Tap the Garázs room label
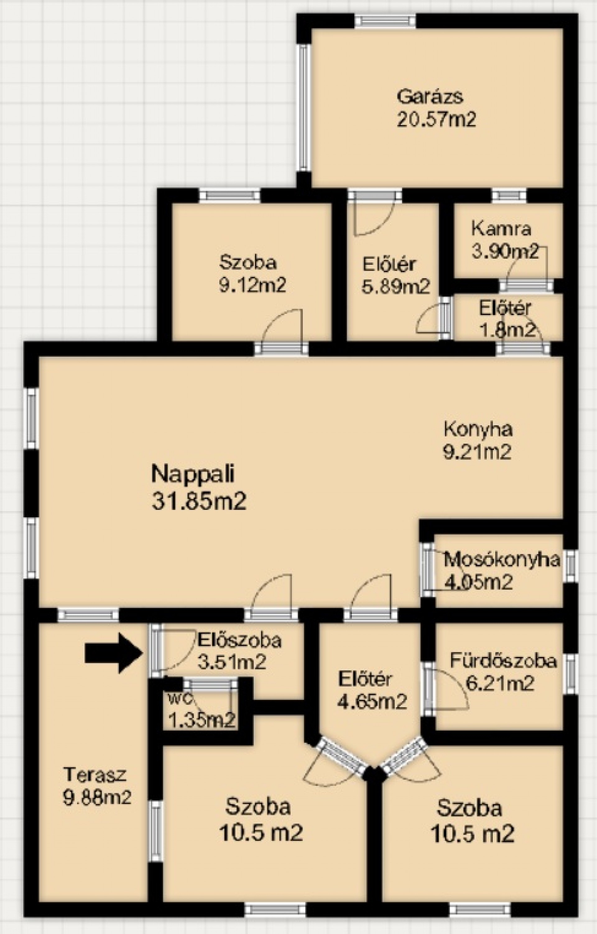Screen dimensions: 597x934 point(430,96)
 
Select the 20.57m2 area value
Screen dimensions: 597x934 point(437,119)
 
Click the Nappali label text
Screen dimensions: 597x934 point(193,474)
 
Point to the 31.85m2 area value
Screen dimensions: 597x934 point(199,501)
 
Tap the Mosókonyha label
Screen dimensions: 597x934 point(502,560)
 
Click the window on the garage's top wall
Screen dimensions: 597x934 point(386,21)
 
